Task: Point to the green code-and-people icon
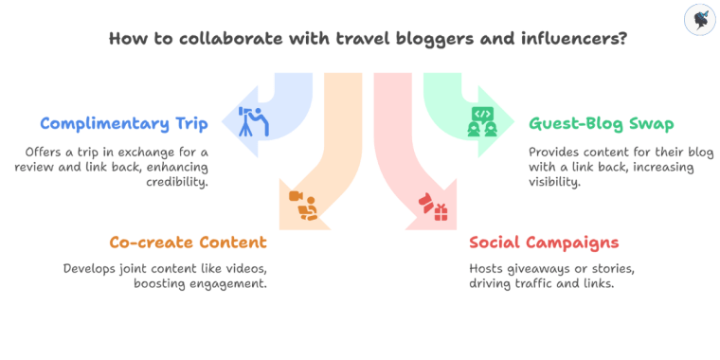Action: point(482,121)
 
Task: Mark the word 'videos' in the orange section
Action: point(254,268)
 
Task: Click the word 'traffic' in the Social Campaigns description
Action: point(540,282)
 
